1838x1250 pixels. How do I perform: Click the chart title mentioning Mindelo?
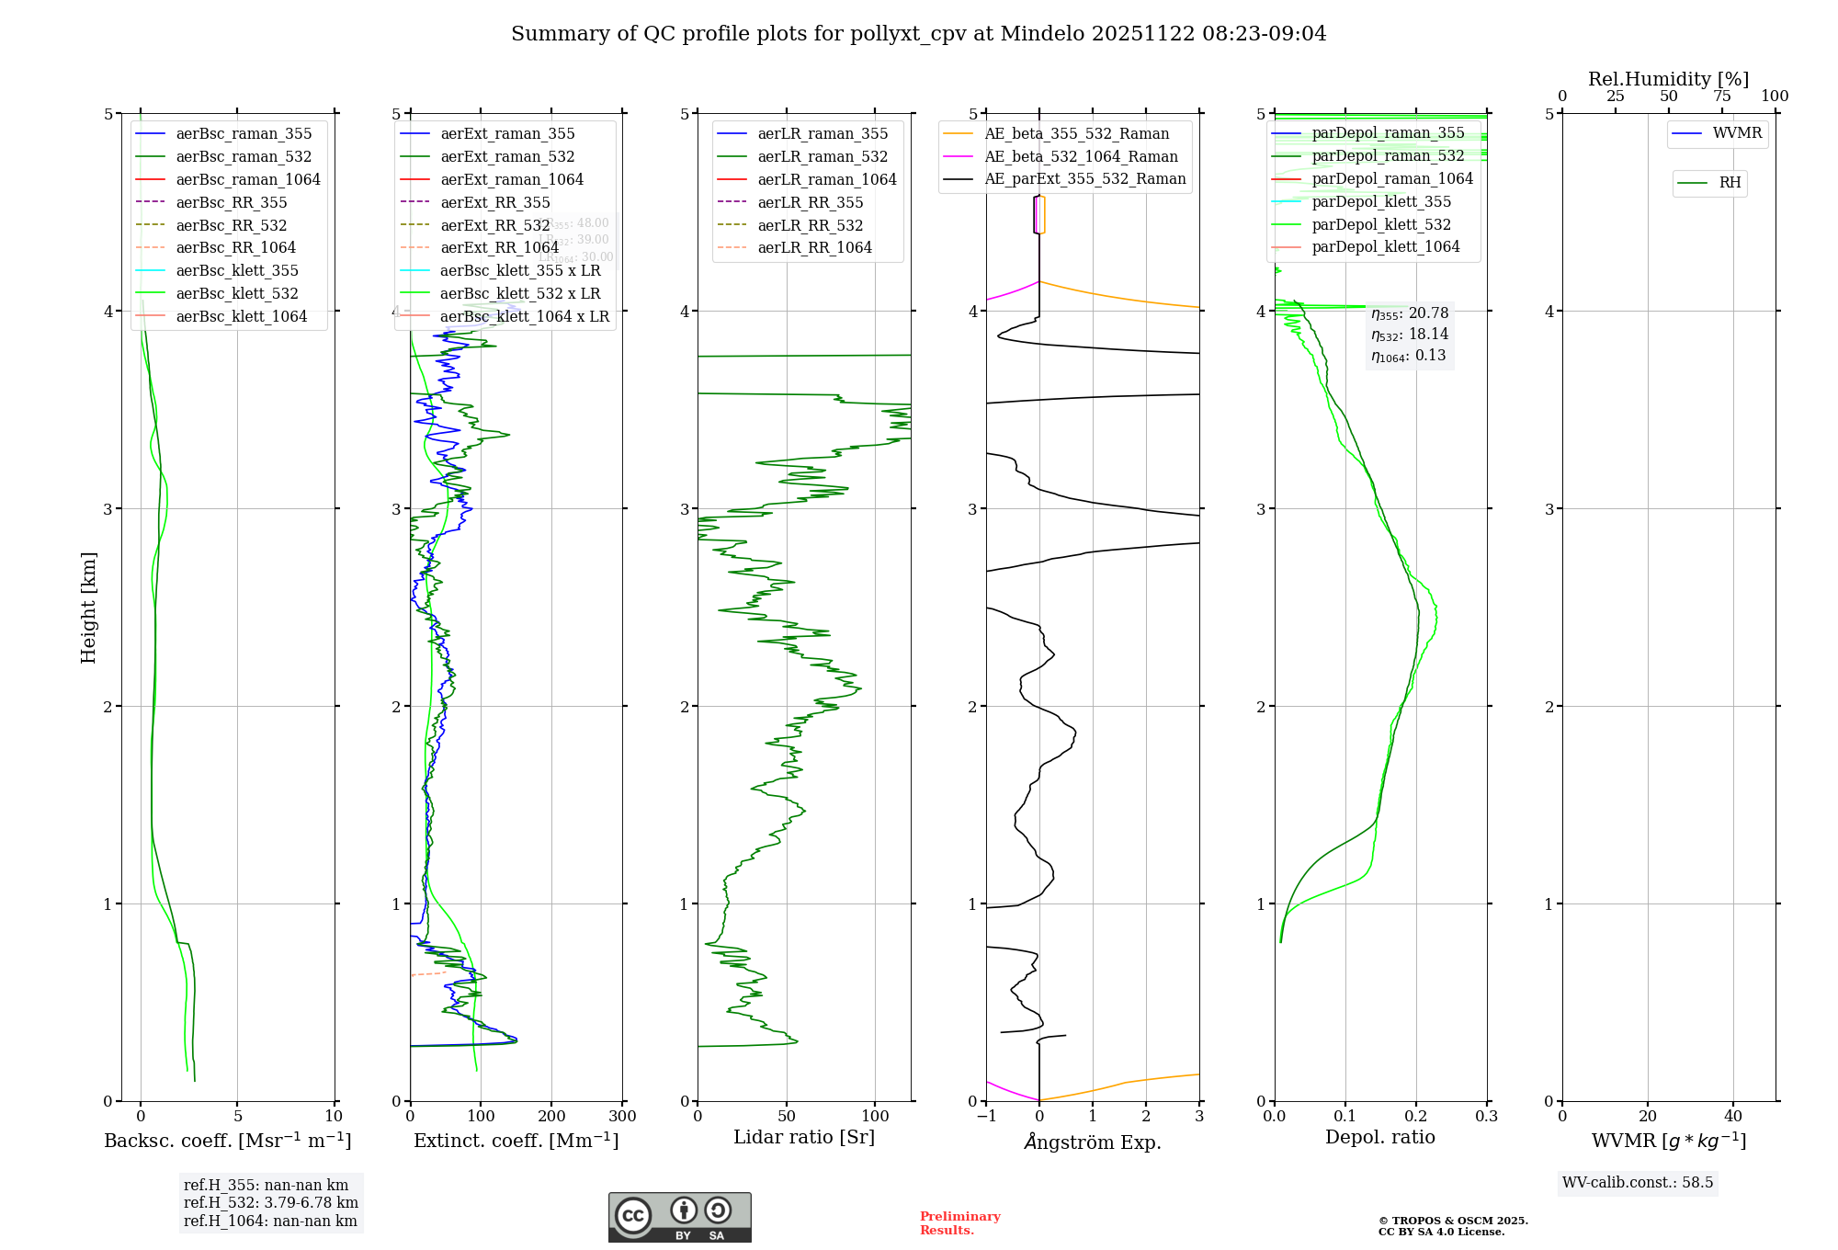pos(918,34)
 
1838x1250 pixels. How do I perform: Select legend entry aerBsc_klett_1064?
pos(241,317)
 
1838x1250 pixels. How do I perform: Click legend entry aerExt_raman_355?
pos(507,134)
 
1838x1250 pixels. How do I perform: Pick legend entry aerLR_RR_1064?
pos(814,248)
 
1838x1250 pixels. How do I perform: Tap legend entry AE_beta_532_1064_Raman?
pos(1081,157)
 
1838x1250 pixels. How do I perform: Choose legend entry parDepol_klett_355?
pos(1381,202)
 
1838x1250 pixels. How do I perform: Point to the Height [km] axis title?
pos(88,608)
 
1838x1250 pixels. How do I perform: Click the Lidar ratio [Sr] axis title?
pos(804,1138)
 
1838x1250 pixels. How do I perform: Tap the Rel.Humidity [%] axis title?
pos(1668,79)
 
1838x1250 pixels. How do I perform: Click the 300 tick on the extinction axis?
pos(623,1117)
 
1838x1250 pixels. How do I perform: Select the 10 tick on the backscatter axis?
pos(334,1117)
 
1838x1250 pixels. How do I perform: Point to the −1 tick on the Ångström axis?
pos(986,1117)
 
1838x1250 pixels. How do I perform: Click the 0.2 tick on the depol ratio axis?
pos(1416,1117)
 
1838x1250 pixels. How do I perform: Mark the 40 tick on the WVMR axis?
pos(1733,1117)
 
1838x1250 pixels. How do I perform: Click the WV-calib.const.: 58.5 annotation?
pos(1638,1183)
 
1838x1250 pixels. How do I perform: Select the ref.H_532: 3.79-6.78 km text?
pos(271,1203)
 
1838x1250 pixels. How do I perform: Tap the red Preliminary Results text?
pos(959,1223)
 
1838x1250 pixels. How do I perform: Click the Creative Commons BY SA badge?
pos(679,1218)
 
